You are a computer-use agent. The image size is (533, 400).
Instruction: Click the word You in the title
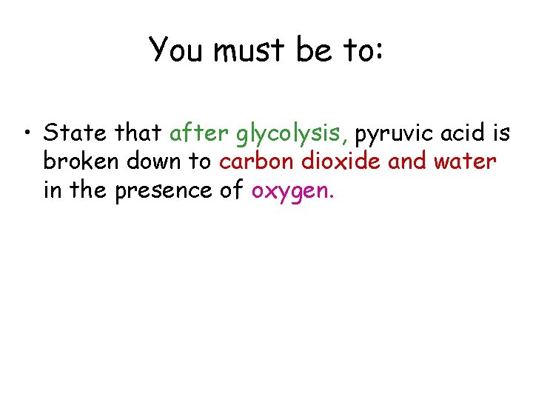click(175, 50)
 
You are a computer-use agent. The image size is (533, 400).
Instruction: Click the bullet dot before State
click(27, 134)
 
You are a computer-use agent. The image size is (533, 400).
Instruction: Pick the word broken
click(78, 161)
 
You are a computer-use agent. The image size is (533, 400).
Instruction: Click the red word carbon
click(254, 161)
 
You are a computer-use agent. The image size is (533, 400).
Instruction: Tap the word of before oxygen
click(232, 190)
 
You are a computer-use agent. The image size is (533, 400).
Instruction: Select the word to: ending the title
click(363, 50)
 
